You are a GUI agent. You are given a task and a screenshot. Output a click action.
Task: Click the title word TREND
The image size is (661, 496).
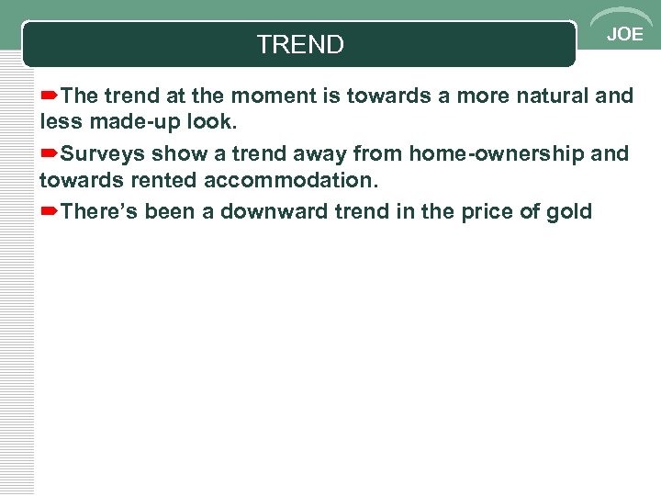point(300,44)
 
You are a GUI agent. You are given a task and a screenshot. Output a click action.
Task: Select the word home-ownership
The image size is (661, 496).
point(496,153)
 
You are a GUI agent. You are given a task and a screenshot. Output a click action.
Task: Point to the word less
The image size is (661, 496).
point(60,122)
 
